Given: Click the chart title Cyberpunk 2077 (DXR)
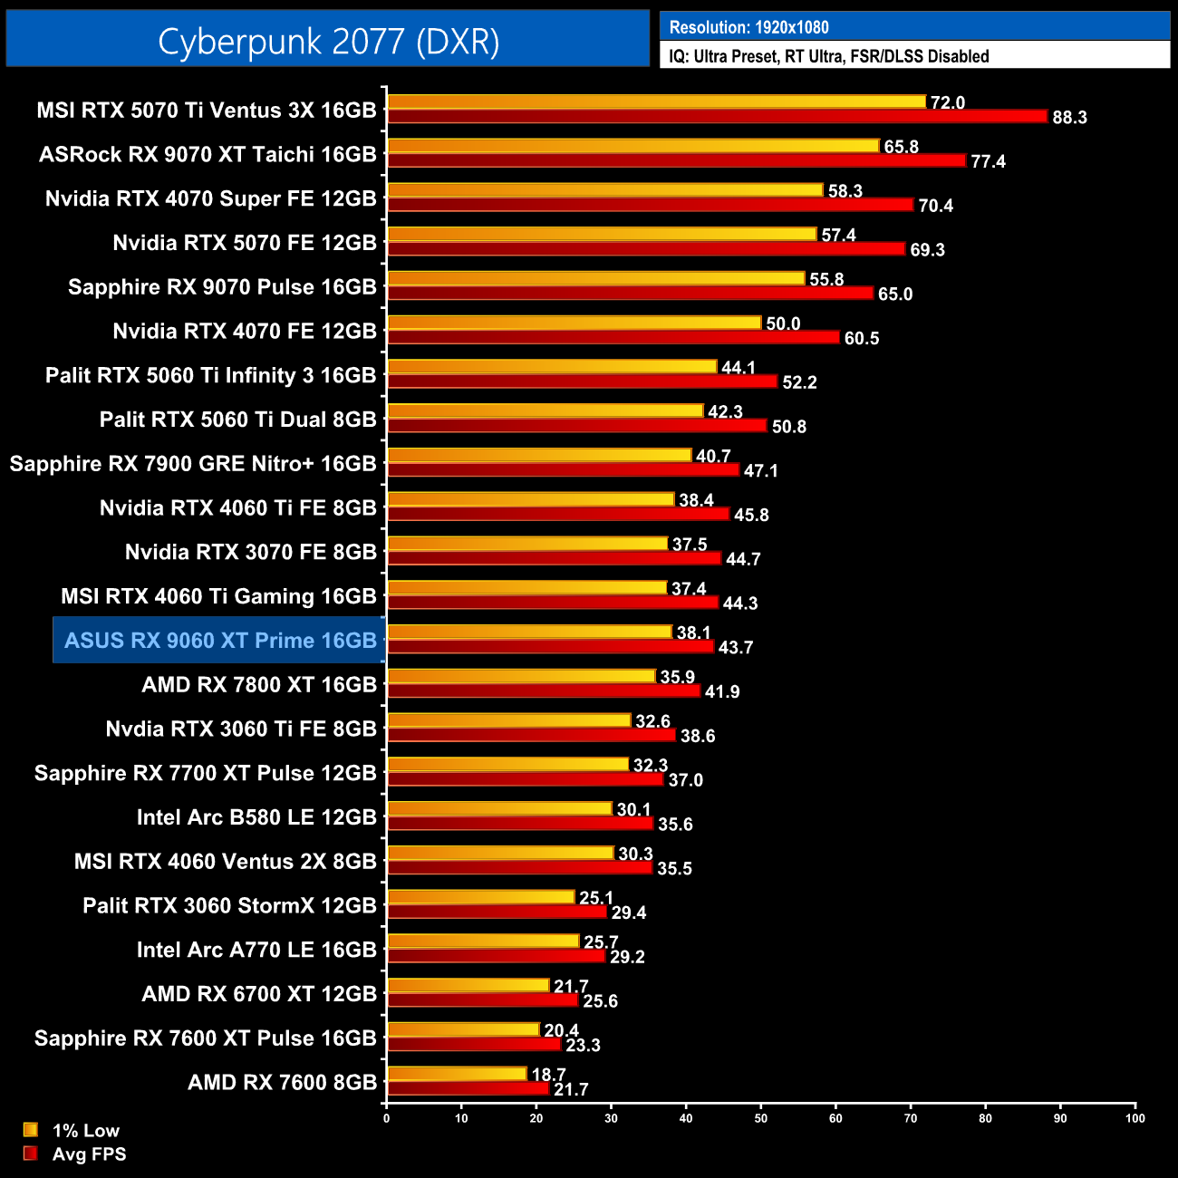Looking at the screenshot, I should click(x=328, y=42).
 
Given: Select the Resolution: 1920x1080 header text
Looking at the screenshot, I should click(x=748, y=27).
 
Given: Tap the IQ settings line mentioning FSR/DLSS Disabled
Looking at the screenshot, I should click(x=828, y=56).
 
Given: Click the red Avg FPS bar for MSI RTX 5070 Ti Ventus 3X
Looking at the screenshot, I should click(x=716, y=117).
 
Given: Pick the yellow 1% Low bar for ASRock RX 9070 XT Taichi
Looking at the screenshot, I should click(x=632, y=146).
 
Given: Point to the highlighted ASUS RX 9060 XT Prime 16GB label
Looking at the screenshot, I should click(x=220, y=641).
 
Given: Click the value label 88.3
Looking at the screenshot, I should click(x=1069, y=118).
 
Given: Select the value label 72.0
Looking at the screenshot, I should click(x=948, y=102).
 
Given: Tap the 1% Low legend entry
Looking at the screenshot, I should click(x=85, y=1130).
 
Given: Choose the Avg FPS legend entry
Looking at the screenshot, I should click(x=89, y=1154).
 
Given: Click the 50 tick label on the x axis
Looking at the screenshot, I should click(x=761, y=1118).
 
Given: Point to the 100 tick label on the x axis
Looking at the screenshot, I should click(x=1135, y=1118).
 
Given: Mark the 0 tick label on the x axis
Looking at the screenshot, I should click(x=387, y=1118).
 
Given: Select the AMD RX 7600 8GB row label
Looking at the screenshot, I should click(x=282, y=1082).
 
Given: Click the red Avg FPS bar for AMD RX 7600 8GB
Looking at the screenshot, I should click(x=468, y=1089).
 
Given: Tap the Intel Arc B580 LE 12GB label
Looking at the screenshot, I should click(x=256, y=817).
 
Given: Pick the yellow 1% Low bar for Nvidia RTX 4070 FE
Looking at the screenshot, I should click(x=574, y=323).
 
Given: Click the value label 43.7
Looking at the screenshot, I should click(x=736, y=647).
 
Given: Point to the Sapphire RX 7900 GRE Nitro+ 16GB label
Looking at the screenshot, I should click(x=193, y=464).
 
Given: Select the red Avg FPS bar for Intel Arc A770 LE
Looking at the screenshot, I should click(x=496, y=956).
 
